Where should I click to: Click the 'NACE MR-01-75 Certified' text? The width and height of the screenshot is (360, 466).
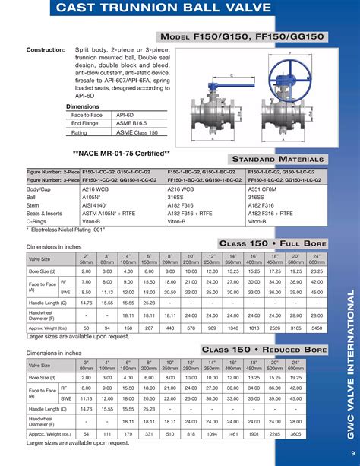click(x=115, y=152)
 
